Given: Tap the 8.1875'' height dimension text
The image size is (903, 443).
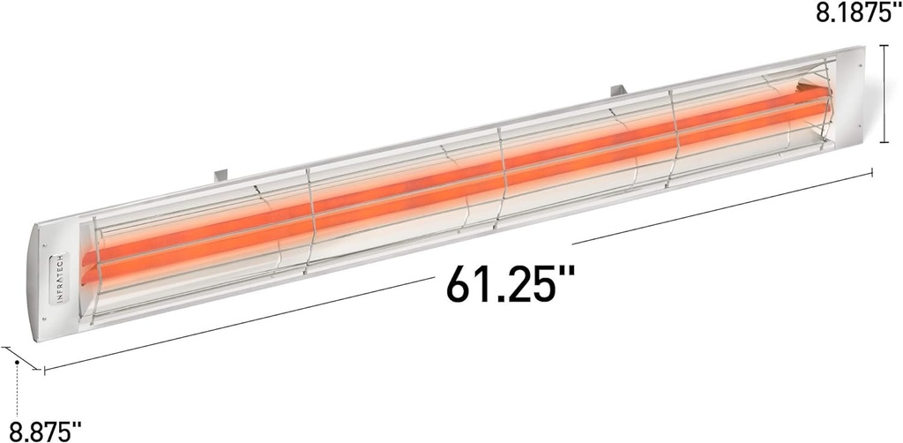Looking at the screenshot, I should (x=852, y=15).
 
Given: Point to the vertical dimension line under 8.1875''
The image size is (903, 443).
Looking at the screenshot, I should (x=884, y=94).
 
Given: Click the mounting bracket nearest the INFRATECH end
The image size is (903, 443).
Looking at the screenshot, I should (x=221, y=173).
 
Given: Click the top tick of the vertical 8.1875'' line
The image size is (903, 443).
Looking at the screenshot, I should (x=884, y=46).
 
